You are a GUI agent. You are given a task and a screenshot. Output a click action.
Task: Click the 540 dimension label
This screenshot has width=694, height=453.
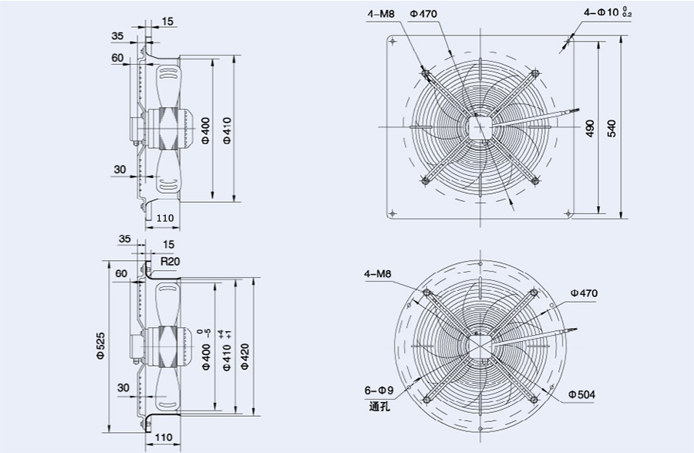click(612, 127)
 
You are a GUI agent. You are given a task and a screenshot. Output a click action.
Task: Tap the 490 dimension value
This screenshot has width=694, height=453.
click(589, 128)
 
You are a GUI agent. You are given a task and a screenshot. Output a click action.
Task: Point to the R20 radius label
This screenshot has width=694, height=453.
click(170, 261)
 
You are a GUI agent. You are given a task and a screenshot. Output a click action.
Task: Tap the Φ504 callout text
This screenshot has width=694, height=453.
click(582, 394)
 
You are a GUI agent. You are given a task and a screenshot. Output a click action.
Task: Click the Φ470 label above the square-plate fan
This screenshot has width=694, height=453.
click(424, 13)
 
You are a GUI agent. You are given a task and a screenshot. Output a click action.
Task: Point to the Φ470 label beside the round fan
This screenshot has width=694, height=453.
click(584, 293)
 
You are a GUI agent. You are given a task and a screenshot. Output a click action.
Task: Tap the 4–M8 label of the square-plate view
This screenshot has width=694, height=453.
click(381, 13)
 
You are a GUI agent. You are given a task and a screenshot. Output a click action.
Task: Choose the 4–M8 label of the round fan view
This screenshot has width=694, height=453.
click(377, 274)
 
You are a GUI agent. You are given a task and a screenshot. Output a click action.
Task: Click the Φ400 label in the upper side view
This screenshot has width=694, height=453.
click(205, 131)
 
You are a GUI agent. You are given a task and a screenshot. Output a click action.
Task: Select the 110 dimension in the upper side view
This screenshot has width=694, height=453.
click(165, 218)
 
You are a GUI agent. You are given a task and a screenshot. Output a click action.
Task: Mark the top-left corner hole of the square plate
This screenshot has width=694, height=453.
click(393, 41)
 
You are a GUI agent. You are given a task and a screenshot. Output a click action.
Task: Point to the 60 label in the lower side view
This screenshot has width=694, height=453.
click(121, 273)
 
